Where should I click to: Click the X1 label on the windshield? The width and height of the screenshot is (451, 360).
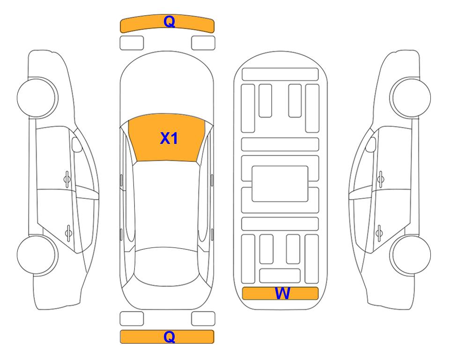169,138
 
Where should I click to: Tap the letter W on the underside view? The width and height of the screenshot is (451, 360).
282,293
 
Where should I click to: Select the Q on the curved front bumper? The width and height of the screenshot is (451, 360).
170,22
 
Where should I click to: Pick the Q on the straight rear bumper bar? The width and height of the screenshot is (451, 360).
170,337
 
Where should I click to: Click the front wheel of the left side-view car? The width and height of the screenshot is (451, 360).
37,97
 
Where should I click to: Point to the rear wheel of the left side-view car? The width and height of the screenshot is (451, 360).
37,255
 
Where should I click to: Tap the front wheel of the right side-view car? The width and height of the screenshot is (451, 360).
410,97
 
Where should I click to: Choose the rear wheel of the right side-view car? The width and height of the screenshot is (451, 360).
411,255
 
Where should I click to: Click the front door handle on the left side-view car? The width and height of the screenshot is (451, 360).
67,180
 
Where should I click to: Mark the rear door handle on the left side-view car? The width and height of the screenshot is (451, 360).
68,232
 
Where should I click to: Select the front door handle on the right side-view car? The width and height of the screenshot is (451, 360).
381,180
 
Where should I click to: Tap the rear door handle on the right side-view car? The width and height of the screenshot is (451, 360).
379,233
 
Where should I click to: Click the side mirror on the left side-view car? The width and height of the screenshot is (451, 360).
76,144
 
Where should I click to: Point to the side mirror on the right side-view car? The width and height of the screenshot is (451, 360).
371,144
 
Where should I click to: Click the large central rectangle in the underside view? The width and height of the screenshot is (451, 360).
280,184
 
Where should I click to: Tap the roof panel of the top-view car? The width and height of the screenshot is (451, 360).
166,204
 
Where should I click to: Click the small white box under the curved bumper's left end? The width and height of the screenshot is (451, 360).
132,43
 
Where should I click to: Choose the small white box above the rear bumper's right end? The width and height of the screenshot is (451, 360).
203,319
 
